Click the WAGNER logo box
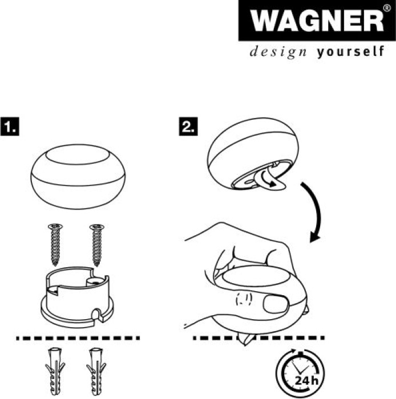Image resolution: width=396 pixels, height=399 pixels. (317, 21)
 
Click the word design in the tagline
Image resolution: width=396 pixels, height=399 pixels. (278, 52)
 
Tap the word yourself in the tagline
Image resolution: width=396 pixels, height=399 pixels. (350, 52)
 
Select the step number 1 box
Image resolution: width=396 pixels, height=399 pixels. (10, 126)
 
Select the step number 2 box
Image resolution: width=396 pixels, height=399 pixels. (188, 126)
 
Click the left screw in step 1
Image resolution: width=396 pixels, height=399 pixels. (55, 245)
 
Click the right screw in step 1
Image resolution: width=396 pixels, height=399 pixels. (97, 245)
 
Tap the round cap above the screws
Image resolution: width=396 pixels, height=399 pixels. (78, 177)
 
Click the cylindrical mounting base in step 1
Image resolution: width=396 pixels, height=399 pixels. (78, 297)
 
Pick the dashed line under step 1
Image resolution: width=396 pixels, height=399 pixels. (78, 338)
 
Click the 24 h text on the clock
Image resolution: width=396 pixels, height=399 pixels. (306, 381)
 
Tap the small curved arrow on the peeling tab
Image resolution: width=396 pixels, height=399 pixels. (268, 178)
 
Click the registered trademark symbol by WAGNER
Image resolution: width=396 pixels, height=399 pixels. (386, 9)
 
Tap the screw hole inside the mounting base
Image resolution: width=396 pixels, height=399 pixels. (95, 282)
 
